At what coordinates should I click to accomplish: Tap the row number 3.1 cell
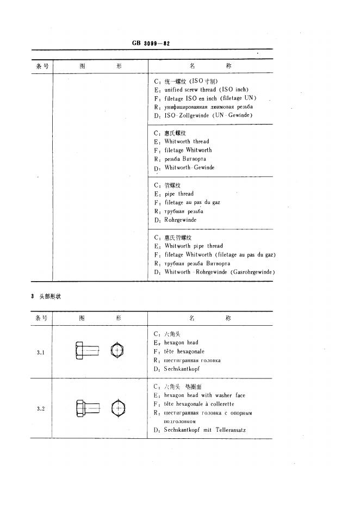(x=41, y=352)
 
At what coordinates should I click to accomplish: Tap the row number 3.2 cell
(x=41, y=408)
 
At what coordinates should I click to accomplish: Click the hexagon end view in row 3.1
(x=118, y=350)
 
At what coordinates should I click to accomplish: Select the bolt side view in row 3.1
(x=86, y=351)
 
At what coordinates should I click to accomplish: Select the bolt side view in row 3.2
(x=86, y=407)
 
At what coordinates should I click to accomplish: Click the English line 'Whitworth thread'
(x=187, y=141)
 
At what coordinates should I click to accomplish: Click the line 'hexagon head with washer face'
(x=204, y=396)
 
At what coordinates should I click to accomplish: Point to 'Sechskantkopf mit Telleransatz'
(x=205, y=431)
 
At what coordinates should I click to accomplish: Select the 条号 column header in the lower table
(x=41, y=318)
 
